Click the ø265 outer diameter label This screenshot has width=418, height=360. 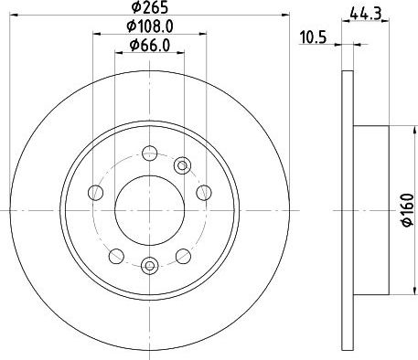tap(150, 7)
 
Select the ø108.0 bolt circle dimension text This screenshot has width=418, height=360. tap(150, 26)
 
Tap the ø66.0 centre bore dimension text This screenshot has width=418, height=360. tap(150, 46)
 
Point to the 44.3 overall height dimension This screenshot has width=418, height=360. tap(366, 15)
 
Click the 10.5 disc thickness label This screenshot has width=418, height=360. tap(313, 37)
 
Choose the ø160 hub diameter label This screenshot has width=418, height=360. tap(408, 210)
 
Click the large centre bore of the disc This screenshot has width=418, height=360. tap(150, 210)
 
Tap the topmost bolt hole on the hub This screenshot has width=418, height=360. tap(150, 153)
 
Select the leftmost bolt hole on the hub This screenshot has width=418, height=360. tap(95, 193)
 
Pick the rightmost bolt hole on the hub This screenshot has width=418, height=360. tap(204, 193)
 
